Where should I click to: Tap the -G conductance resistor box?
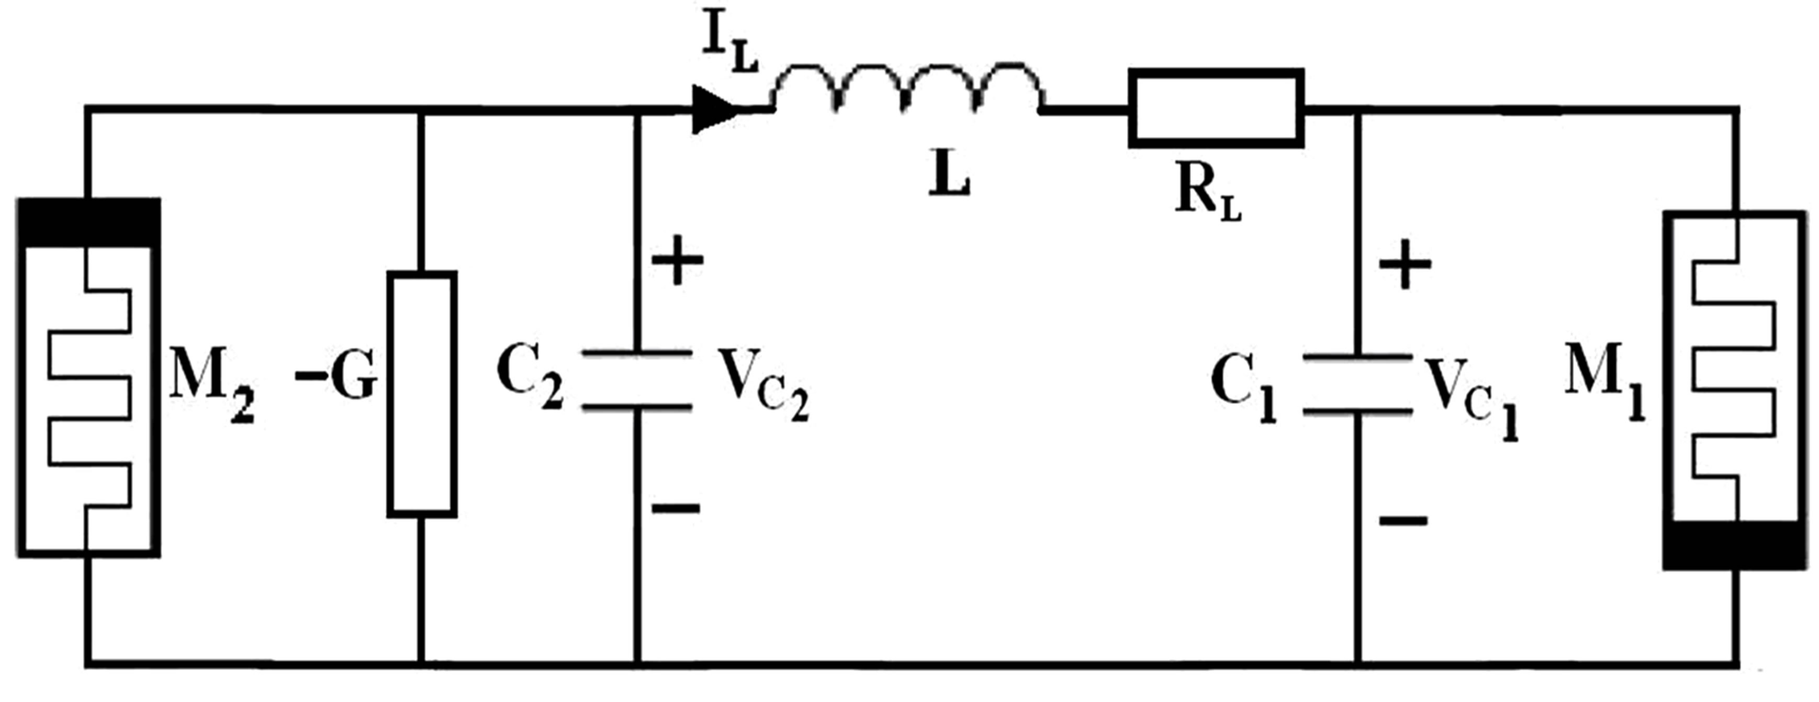422,394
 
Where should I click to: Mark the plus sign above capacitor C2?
677,260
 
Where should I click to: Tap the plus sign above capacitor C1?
1405,265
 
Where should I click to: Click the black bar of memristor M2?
88,222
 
